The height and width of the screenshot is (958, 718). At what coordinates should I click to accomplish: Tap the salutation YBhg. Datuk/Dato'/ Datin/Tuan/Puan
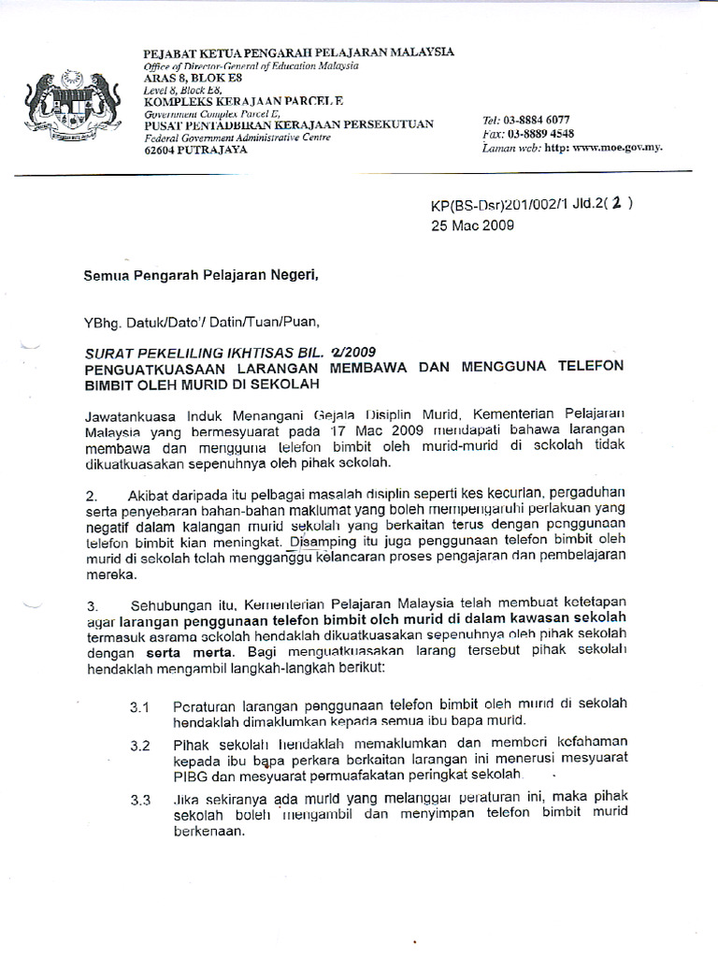coord(202,323)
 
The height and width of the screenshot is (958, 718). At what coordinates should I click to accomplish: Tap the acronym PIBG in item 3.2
coord(191,776)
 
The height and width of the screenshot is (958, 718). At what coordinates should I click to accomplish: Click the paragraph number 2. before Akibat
coord(92,493)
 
